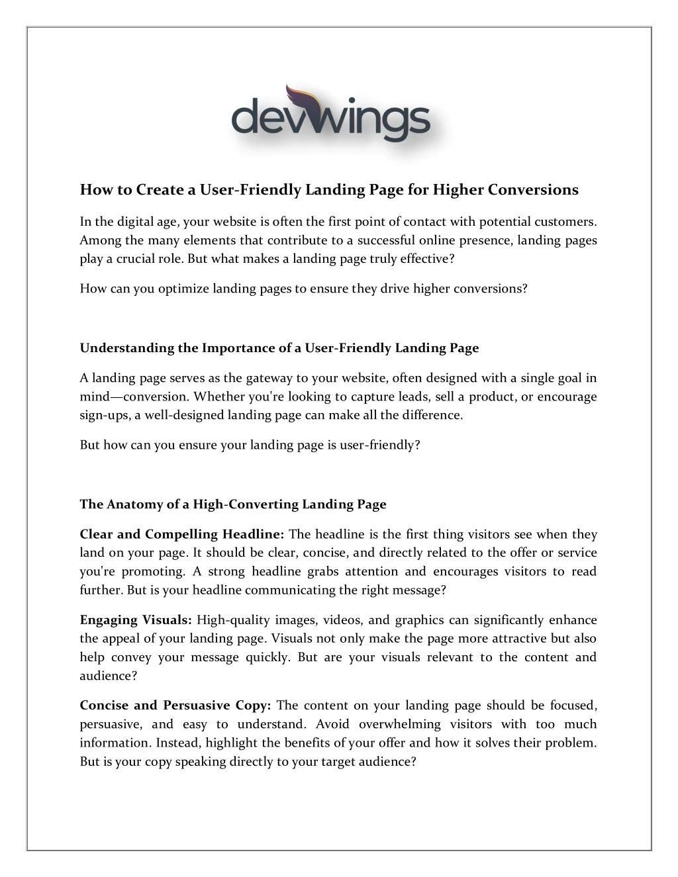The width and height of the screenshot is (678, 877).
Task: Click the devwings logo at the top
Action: (330, 115)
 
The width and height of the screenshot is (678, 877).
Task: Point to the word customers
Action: (565, 222)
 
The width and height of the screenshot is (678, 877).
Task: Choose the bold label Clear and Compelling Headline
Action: (182, 534)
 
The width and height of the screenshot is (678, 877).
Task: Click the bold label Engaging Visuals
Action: (136, 620)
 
